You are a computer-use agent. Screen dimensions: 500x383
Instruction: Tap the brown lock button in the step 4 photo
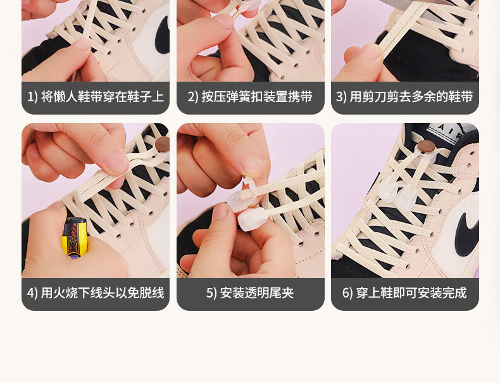click(162, 144)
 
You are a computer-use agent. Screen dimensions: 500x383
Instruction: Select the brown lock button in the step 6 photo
click(427, 147)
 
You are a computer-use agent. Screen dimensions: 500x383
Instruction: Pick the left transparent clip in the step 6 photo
click(388, 189)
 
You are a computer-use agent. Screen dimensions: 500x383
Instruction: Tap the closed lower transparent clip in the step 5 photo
click(251, 219)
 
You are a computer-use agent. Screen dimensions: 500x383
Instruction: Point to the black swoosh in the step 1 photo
click(162, 35)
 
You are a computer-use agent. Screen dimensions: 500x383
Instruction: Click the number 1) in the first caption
click(32, 97)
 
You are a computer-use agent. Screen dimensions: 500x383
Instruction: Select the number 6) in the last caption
click(347, 292)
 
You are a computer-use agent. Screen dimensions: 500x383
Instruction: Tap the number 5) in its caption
click(211, 292)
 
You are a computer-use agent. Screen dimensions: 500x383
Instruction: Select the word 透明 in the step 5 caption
click(257, 292)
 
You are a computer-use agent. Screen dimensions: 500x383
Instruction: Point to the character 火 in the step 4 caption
click(59, 292)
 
